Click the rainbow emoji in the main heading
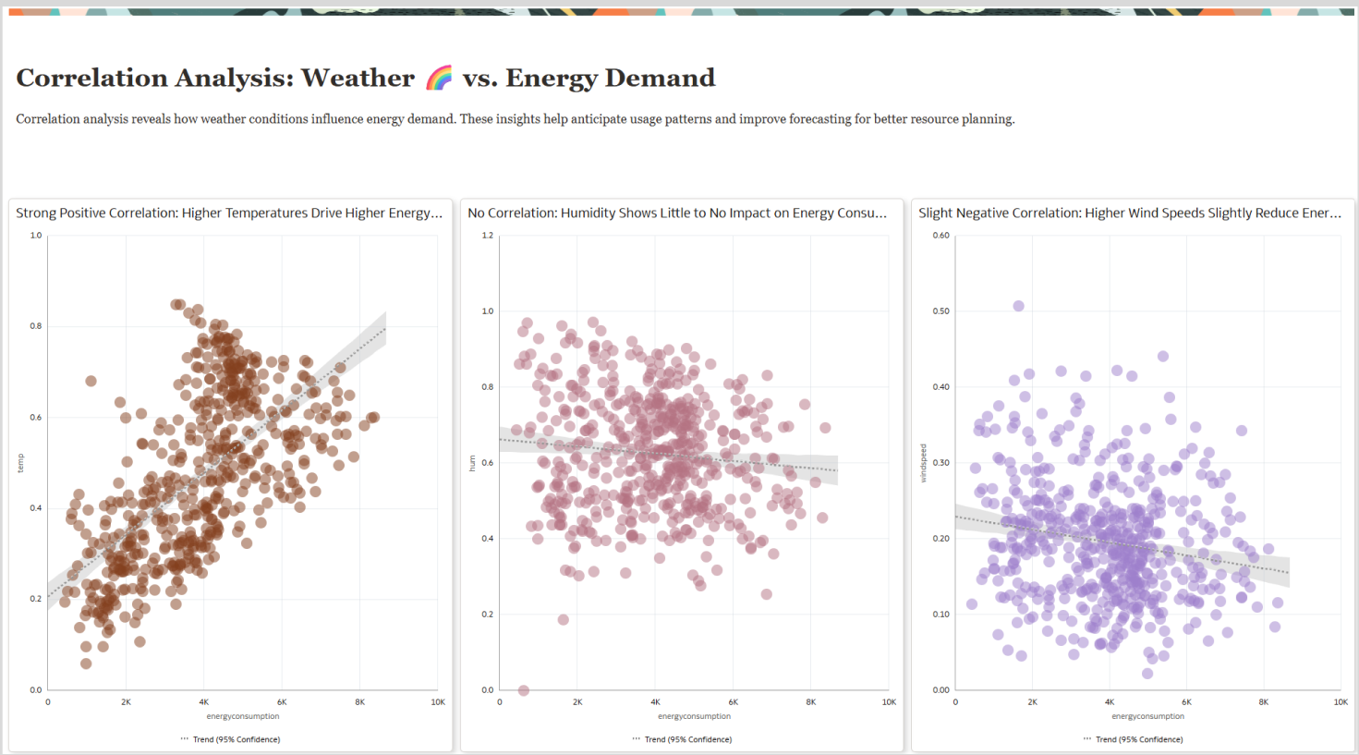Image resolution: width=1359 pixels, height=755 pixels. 439,79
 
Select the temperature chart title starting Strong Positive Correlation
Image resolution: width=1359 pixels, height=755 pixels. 229,213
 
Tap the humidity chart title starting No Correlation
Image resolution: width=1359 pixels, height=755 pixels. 677,213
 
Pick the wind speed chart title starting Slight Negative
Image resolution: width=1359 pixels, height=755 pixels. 1129,213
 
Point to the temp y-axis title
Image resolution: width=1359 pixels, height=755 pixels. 20,463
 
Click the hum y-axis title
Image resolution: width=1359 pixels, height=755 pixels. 472,463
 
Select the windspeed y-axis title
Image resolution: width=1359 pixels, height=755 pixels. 923,463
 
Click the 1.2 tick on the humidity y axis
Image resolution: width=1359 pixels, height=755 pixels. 487,236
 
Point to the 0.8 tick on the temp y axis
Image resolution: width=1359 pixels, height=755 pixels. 36,326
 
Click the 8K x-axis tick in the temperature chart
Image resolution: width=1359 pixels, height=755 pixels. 360,702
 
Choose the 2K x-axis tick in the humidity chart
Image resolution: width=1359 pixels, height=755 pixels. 577,702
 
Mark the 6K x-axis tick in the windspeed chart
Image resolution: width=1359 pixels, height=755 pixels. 1186,702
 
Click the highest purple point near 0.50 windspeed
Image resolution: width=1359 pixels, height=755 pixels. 1018,306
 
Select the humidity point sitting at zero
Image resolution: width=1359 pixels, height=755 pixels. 524,690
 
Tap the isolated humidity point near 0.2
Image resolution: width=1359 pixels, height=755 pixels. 564,619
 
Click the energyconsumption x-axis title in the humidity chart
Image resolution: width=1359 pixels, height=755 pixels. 694,716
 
